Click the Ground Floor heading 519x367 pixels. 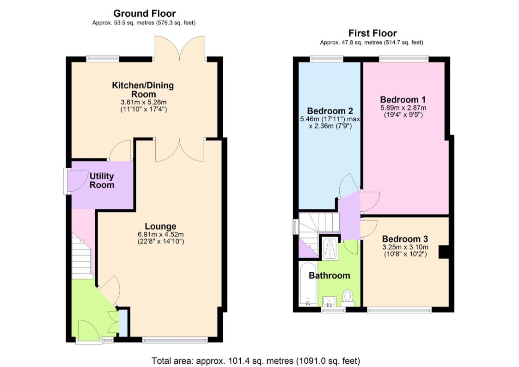click(144, 13)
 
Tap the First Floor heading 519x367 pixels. click(372, 33)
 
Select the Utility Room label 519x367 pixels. click(102, 180)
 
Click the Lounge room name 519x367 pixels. click(160, 226)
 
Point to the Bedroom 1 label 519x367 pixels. click(403, 100)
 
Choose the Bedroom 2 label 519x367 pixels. click(330, 111)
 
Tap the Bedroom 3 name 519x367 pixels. click(405, 239)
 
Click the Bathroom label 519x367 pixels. click(330, 275)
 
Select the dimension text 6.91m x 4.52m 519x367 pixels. click(161, 234)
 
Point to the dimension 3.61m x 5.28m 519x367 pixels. click(143, 102)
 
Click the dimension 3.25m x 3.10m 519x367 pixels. click(405, 247)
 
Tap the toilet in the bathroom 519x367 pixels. click(348, 297)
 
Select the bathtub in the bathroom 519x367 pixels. click(308, 284)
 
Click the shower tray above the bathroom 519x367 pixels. click(330, 248)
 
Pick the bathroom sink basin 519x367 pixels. click(329, 301)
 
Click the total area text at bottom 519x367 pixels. click(256, 361)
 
